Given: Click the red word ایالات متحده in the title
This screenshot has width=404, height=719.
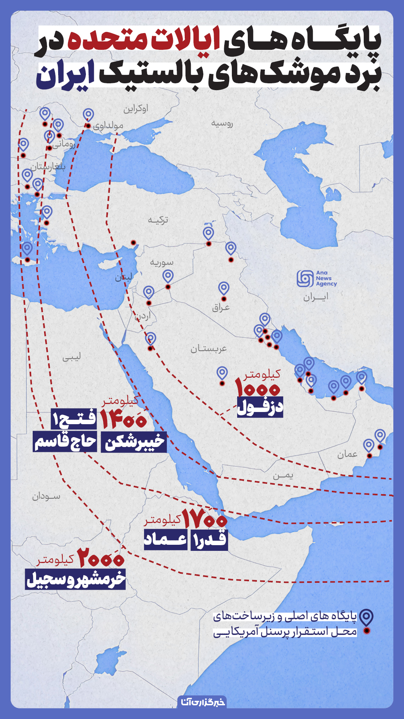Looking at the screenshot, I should (144, 41).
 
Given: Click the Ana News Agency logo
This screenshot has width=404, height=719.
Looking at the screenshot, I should (316, 278).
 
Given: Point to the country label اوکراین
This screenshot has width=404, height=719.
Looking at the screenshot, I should (135, 109).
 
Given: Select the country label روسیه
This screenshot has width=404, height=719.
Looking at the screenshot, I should (222, 123).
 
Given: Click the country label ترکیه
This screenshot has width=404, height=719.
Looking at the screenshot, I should (158, 220).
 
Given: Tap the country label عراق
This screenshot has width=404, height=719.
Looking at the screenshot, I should (221, 307).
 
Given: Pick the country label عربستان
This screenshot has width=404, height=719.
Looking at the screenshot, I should (209, 348).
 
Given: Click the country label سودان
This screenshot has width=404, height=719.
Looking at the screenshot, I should (46, 496).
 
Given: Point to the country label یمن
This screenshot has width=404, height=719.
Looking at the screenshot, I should (283, 476).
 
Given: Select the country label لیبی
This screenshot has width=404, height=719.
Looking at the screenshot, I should (71, 357).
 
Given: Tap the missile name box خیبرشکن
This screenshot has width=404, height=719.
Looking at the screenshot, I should (134, 442).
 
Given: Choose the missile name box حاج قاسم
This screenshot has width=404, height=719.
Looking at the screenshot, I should (65, 442).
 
